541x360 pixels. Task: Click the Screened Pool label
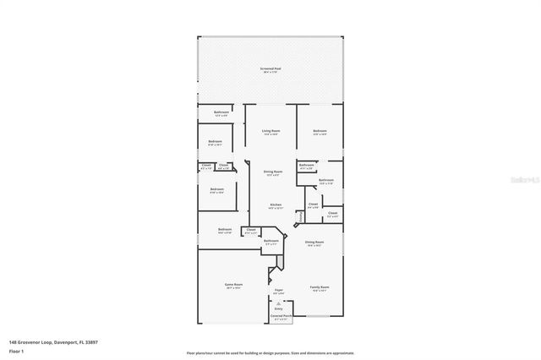270,69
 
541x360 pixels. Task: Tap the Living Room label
270,131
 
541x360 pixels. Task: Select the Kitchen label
276,205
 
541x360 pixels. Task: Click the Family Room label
319,286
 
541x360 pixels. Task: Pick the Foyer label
278,291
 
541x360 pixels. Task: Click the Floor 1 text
16,350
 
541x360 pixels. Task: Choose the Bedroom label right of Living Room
320,131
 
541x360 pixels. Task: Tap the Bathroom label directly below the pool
221,112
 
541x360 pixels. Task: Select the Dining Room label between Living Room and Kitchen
270,174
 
